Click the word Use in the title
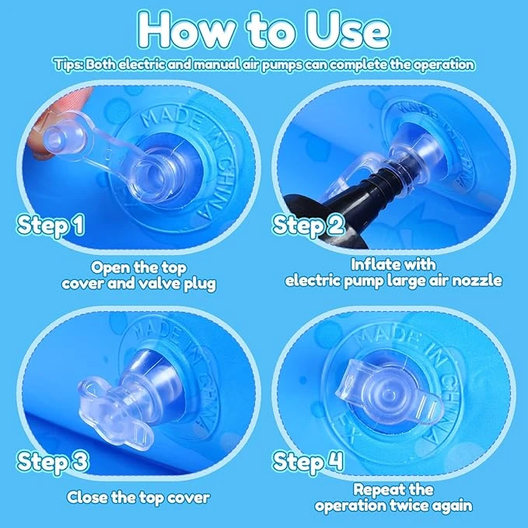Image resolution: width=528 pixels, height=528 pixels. point(348,30)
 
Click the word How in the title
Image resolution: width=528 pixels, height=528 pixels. point(186,30)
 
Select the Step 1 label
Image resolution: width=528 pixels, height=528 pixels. point(51,225)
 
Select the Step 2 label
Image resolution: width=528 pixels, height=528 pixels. point(309,225)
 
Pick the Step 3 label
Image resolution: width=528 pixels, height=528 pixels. point(53,461)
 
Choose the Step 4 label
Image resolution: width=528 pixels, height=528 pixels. point(308,461)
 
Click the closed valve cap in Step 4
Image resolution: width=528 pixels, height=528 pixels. point(390,393)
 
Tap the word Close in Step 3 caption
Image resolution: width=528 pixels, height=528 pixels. point(87,498)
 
